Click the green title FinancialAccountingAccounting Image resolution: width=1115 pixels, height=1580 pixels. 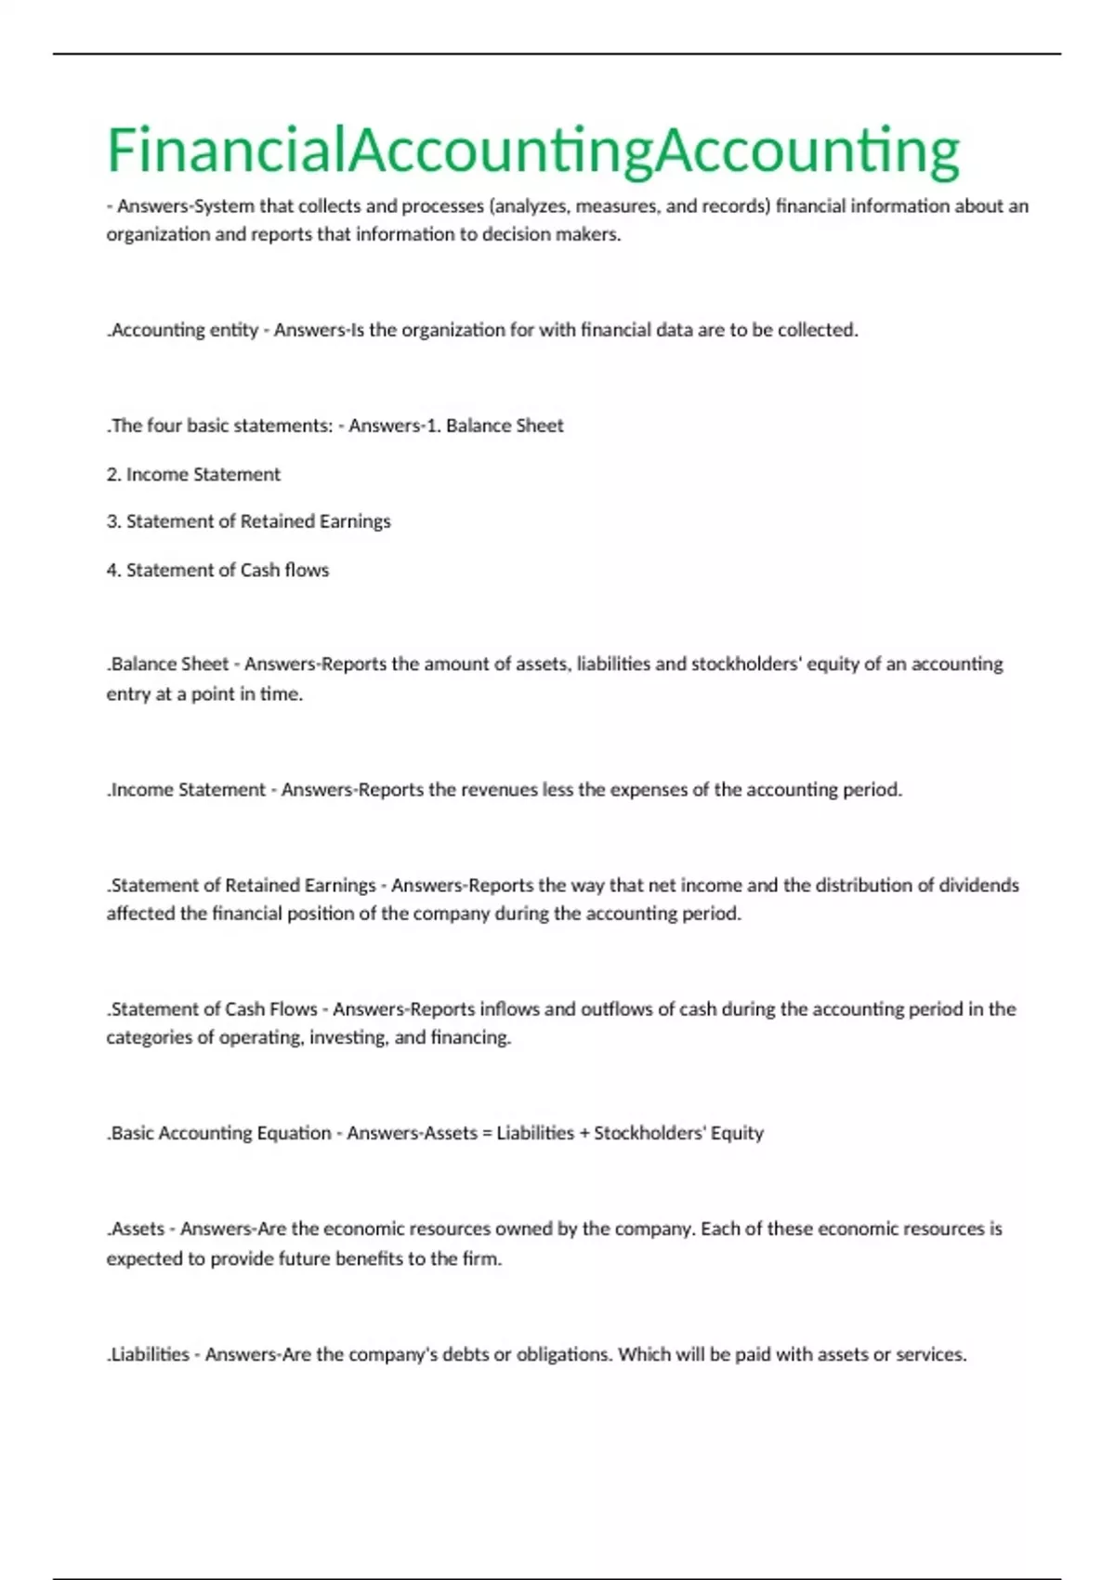[x=533, y=151]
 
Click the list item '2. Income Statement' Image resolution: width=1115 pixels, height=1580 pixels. [x=193, y=474]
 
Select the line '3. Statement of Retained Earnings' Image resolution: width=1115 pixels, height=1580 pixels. [x=248, y=521]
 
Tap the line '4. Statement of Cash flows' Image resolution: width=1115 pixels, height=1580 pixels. [x=217, y=570]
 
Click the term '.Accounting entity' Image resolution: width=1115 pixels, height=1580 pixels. [x=183, y=330]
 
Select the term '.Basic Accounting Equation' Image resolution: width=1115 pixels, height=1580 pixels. [x=219, y=1133]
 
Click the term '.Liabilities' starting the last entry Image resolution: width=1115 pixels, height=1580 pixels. [x=148, y=1354]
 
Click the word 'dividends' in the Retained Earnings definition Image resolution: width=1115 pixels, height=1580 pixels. [x=978, y=885]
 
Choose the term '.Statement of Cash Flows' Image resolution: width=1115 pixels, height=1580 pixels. [x=212, y=1009]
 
